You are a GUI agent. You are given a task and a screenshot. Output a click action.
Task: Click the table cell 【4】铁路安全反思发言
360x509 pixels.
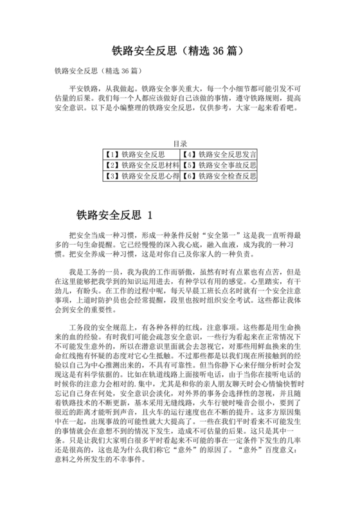coord(219,154)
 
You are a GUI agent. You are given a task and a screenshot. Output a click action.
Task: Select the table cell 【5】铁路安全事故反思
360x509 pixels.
coord(219,165)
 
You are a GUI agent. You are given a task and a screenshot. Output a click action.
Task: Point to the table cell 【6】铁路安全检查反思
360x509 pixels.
coord(219,175)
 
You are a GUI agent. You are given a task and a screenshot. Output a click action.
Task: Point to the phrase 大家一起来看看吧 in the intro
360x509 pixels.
coord(264,108)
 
